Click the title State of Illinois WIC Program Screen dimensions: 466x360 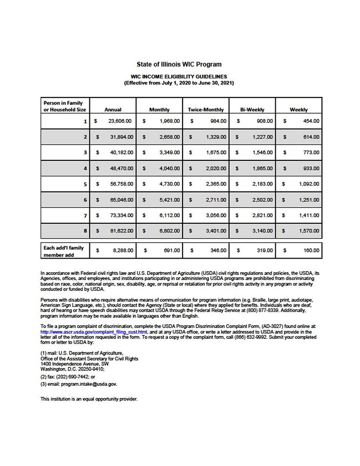click(179, 64)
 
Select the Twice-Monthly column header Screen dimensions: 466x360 click(205, 110)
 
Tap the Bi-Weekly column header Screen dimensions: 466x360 click(252, 110)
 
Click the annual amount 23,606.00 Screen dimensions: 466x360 click(120, 121)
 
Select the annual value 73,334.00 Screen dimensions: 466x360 click(120, 215)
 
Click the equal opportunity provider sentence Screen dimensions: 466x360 click(89, 399)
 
